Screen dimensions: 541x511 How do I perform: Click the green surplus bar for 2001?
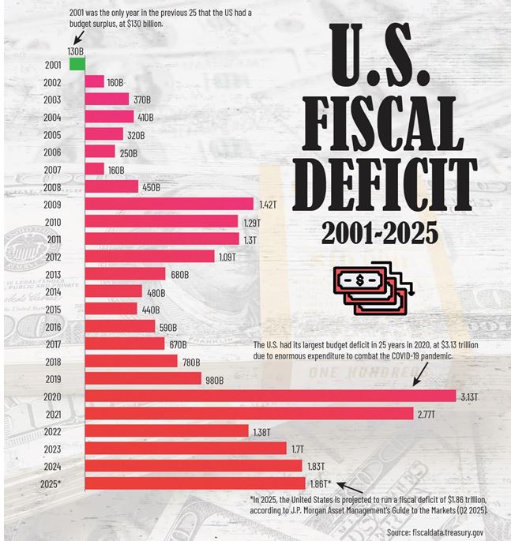[77, 64]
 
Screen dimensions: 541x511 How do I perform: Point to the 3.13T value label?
[469, 396]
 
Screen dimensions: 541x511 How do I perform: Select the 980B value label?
[215, 378]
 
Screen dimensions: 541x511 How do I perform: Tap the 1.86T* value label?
[321, 483]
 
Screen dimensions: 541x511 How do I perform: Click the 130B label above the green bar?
[76, 51]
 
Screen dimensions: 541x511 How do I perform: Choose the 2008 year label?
[52, 187]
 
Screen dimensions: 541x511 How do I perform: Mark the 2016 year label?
[52, 327]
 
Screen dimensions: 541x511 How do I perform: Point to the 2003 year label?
[52, 100]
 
